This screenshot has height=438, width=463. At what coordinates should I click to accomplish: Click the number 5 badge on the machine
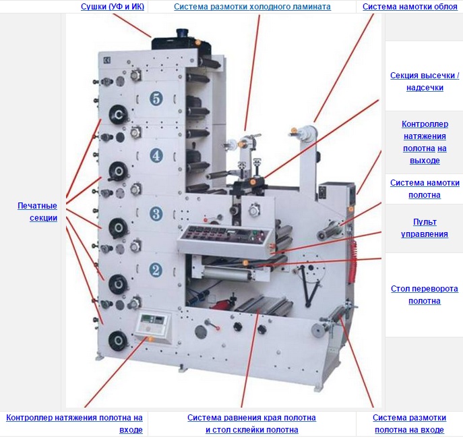point(156,99)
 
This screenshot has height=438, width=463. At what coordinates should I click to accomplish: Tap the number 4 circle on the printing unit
point(156,155)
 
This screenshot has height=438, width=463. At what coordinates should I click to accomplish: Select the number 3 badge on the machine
point(156,213)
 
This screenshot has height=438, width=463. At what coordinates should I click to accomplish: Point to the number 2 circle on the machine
point(156,270)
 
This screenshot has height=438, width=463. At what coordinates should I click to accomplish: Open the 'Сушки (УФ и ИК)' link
point(113,7)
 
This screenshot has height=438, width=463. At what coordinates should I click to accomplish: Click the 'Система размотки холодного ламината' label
point(252,7)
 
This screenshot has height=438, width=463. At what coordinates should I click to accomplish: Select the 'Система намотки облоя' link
point(410,7)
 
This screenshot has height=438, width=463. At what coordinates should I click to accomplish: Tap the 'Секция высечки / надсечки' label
point(425,82)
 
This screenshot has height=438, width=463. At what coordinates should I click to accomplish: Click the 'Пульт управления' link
point(425,228)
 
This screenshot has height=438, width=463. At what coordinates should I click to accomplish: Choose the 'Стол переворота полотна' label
point(425,294)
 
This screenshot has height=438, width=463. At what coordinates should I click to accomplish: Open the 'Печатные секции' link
point(37,212)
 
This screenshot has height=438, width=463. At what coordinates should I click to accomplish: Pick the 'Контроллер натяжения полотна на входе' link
point(74,424)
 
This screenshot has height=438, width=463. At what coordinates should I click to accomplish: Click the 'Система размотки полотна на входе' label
point(409,424)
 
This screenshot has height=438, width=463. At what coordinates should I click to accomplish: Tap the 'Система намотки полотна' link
point(425,189)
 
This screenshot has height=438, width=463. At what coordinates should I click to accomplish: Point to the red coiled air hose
point(352,262)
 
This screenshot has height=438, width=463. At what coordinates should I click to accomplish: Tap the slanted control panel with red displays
point(225,240)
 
